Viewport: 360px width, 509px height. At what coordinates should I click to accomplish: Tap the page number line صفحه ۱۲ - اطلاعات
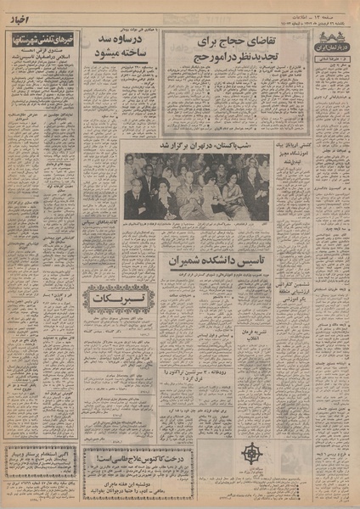(x=328, y=7)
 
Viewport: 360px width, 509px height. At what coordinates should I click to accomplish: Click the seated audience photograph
(x=197, y=185)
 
